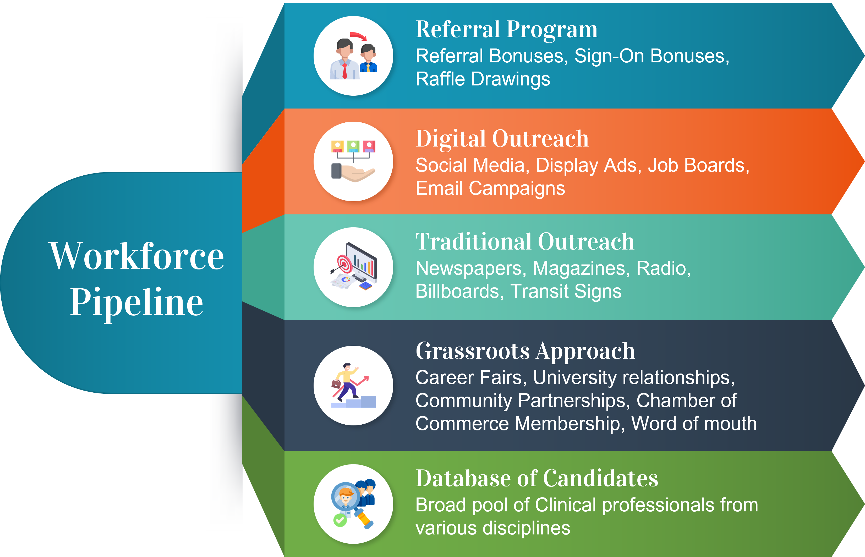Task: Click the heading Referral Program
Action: (x=506, y=30)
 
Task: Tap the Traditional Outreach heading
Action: (x=525, y=242)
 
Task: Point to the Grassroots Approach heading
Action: (x=525, y=351)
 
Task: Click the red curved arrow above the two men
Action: (x=358, y=36)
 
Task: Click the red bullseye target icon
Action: (x=345, y=264)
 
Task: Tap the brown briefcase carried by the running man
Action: (x=336, y=384)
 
